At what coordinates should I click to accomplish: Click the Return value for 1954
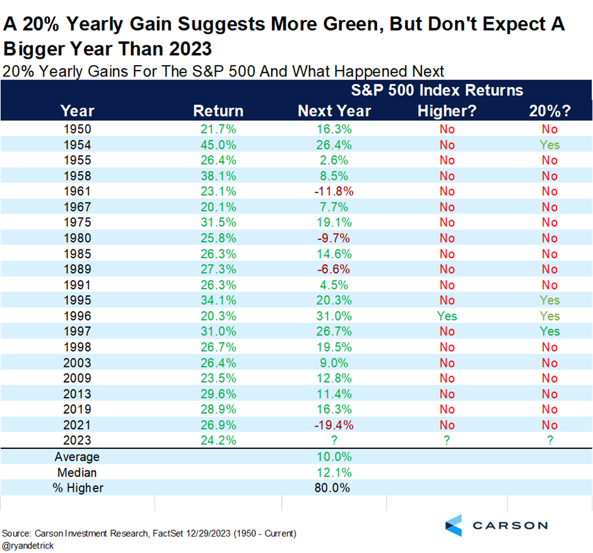coord(218,145)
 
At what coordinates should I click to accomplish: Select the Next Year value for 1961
coord(334,191)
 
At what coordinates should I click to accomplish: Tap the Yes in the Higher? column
coord(447,316)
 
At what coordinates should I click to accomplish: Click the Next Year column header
coord(334,110)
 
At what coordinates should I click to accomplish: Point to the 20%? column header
coord(549,110)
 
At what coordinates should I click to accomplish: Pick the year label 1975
coord(77,222)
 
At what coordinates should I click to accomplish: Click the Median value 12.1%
coord(334,472)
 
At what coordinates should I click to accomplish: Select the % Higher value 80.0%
coord(332,488)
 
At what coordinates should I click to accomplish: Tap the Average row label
coord(77,457)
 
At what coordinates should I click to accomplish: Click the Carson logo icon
coord(454,525)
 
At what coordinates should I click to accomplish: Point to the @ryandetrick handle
coord(28,546)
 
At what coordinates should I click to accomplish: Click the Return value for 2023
coord(218,440)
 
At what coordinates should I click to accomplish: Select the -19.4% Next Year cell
coord(334,425)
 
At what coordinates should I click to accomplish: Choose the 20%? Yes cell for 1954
coord(549,145)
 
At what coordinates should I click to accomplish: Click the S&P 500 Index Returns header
coord(437,90)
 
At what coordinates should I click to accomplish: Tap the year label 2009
coord(77,378)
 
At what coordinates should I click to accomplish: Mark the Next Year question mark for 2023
coord(334,440)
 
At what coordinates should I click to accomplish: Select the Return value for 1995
coord(218,300)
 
